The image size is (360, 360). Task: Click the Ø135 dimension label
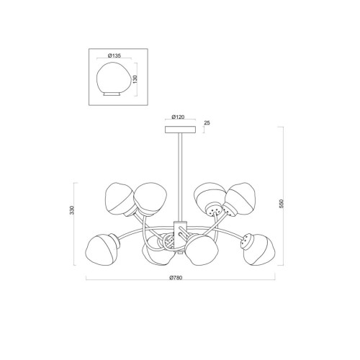tap(114, 55)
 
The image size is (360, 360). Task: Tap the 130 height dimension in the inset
tap(135, 79)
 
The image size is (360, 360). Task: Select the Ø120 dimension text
tap(178, 117)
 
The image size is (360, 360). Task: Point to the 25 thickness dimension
tap(207, 123)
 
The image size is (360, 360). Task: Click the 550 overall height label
tap(282, 203)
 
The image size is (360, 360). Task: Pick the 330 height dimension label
tap(72, 210)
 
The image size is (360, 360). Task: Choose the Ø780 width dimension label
tap(176, 278)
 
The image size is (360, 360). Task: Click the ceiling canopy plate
tap(180, 130)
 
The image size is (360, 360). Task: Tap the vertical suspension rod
tap(180, 177)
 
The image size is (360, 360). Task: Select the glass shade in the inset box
tap(113, 78)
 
